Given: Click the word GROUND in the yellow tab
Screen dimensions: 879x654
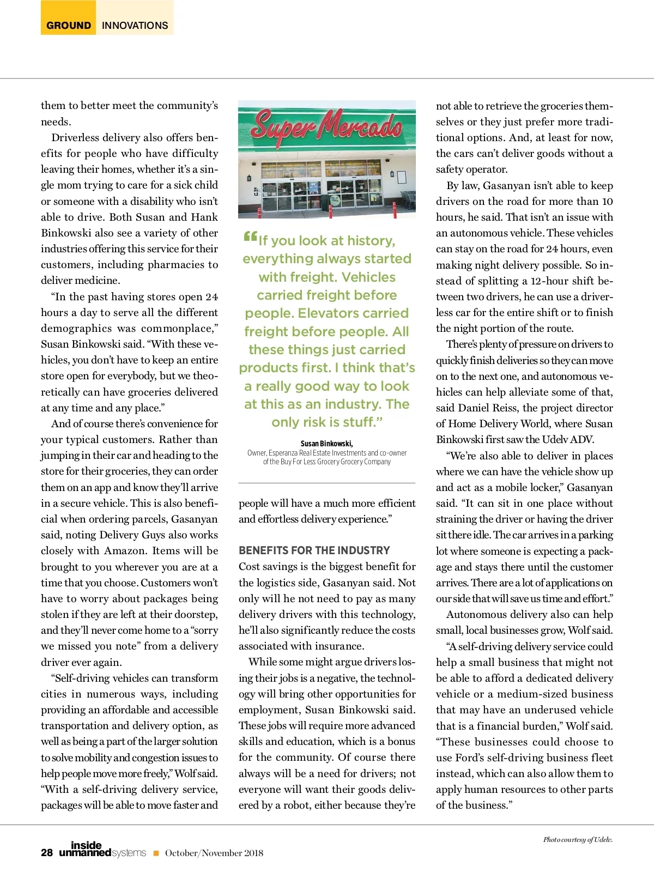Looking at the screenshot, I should (x=69, y=25).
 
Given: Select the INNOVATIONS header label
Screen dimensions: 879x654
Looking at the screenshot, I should (x=135, y=25).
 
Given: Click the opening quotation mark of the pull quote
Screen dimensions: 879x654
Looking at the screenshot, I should (x=250, y=237).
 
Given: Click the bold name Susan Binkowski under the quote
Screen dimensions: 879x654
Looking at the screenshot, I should (x=326, y=444).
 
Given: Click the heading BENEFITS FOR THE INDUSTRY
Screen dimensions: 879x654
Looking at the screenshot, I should (x=314, y=550).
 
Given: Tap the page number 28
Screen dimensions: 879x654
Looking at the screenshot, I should (x=47, y=853).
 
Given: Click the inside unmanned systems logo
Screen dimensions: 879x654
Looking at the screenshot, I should (x=102, y=850).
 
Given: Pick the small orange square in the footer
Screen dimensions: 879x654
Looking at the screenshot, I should (x=156, y=853).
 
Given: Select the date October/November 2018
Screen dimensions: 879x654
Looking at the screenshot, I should (x=214, y=853).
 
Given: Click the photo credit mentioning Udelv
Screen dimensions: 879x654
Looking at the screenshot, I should (x=578, y=840).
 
